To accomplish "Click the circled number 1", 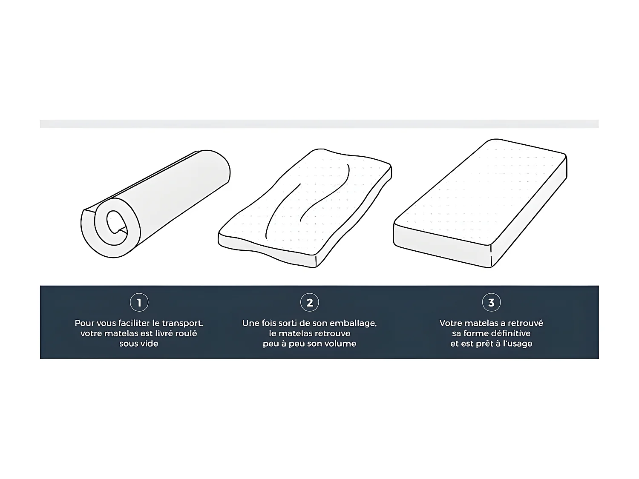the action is point(139,302).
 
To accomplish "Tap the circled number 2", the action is point(309,302).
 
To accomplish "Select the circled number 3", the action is point(492,302).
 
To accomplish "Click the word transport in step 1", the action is point(182,323).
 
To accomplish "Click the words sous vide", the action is point(139,344).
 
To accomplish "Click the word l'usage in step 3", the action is point(518,344).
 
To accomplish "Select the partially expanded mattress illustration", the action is point(305,208).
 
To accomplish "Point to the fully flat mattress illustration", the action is point(480,203).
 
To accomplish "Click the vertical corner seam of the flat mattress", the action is point(491,256).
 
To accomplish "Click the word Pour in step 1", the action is point(84,323).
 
